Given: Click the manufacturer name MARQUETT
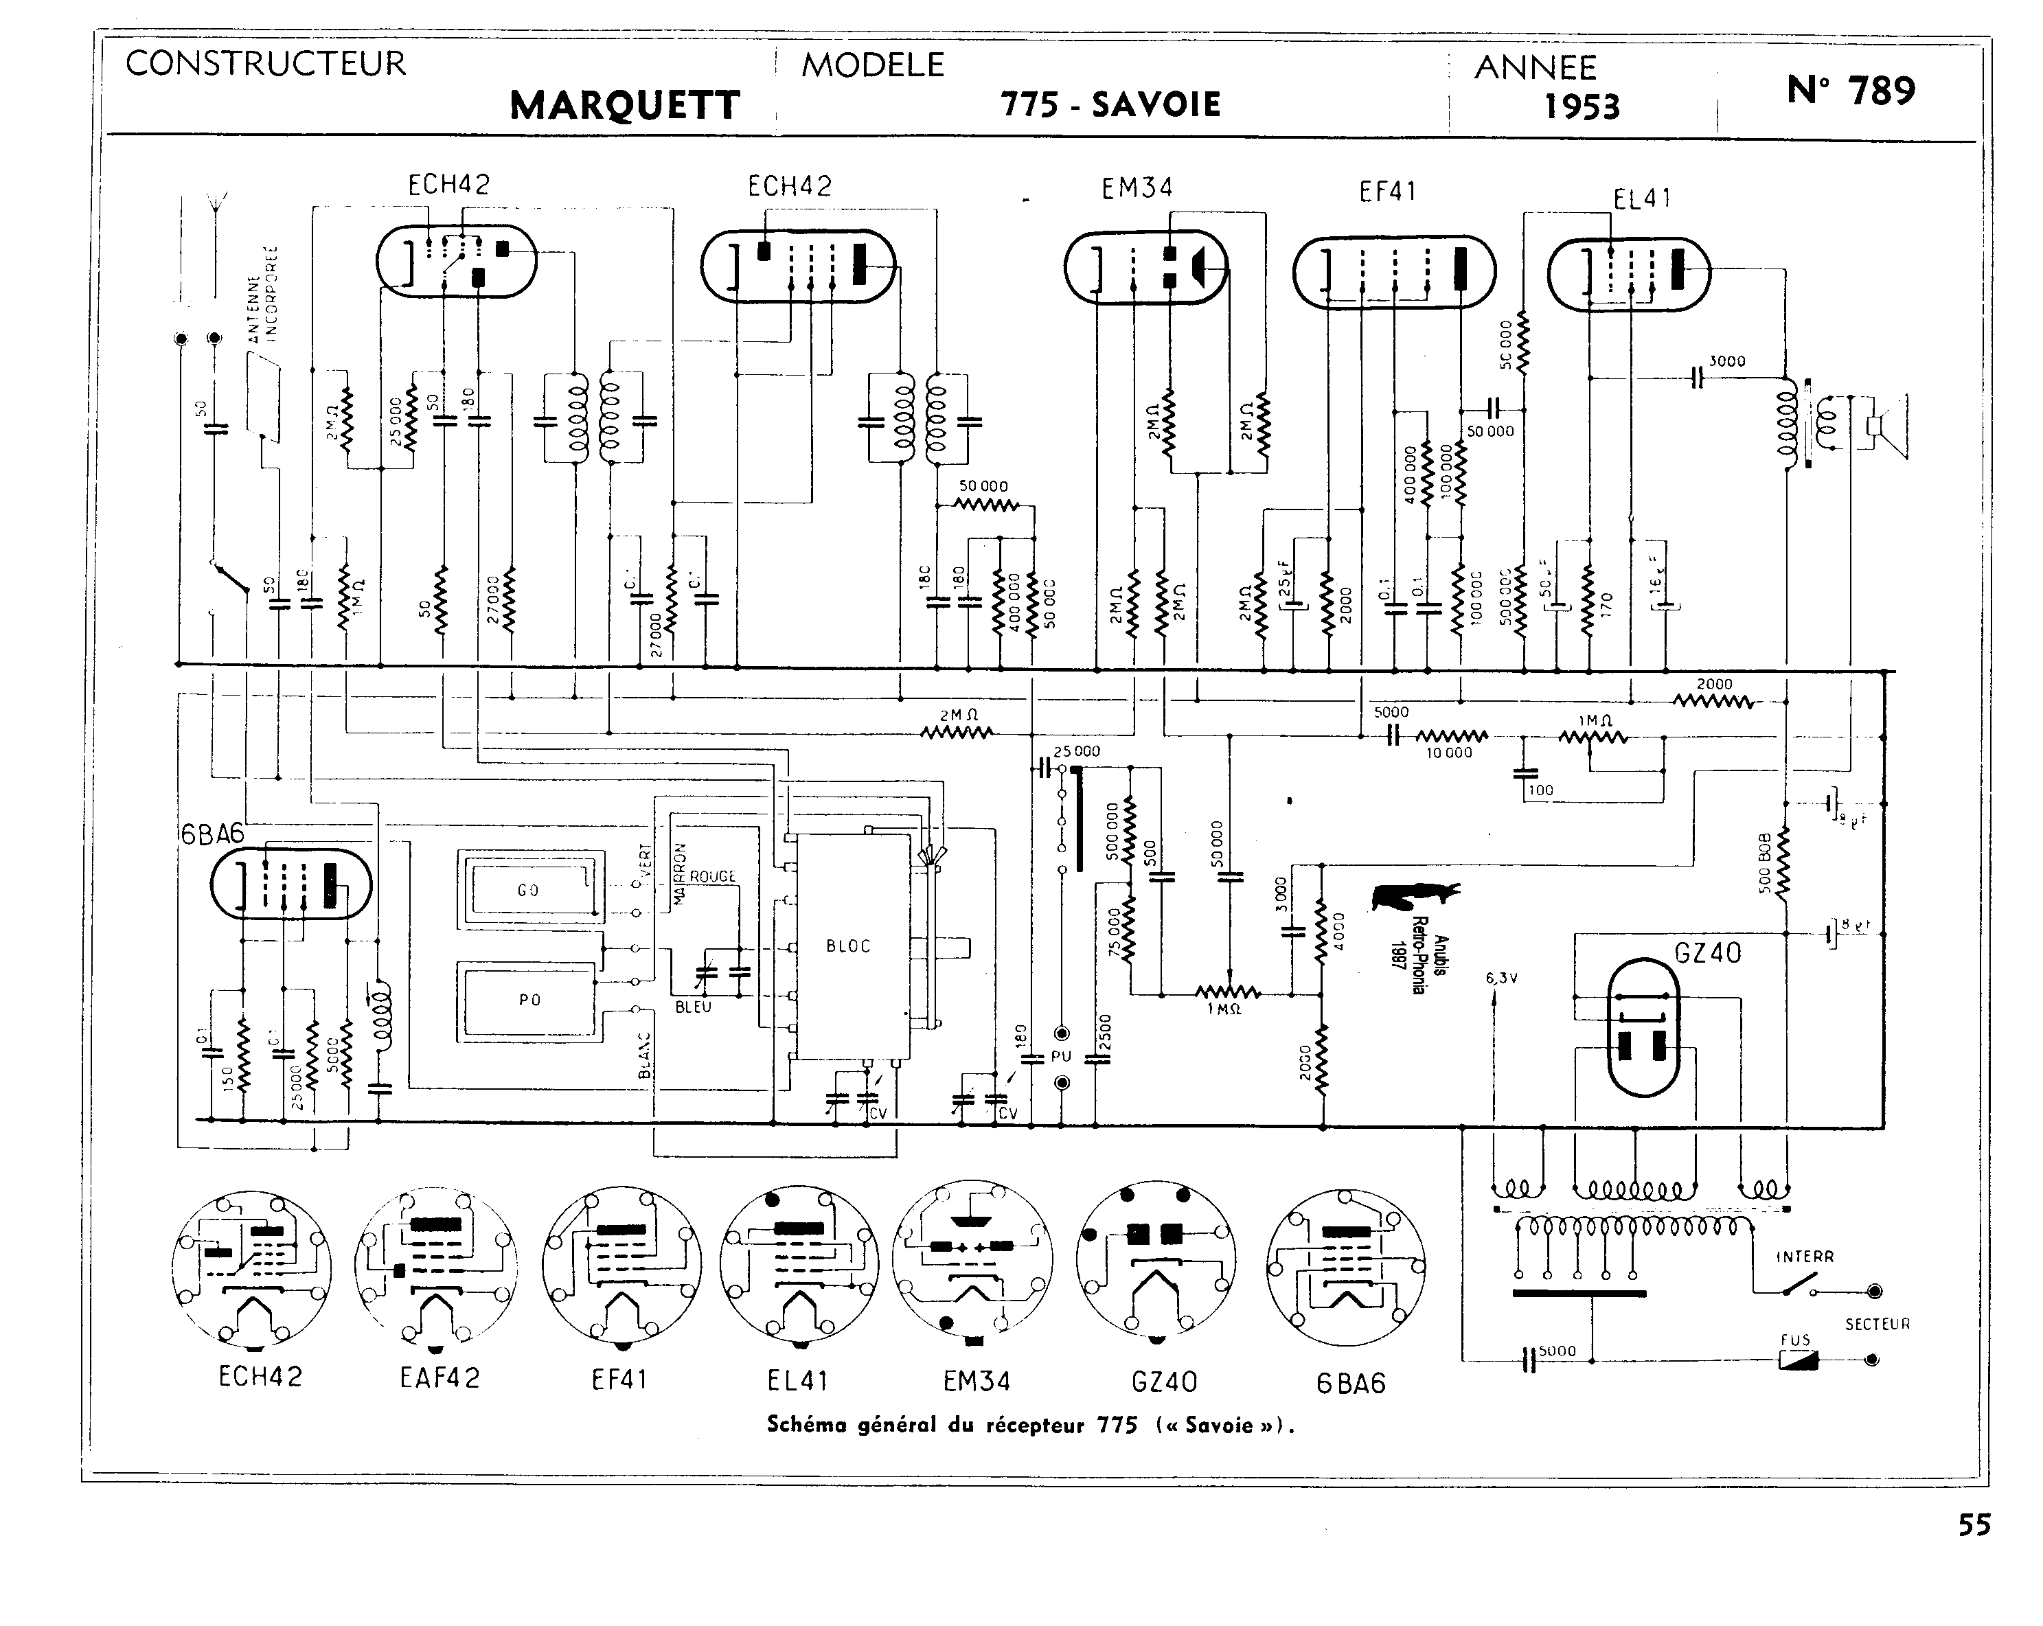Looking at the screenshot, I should (x=624, y=105).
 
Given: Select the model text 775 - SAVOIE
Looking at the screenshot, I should (x=1110, y=103).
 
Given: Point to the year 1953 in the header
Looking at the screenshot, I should (x=1582, y=107).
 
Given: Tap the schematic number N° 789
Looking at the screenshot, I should (x=1851, y=91).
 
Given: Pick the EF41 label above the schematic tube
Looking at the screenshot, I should (x=1387, y=192).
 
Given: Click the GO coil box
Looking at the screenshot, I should (x=529, y=889).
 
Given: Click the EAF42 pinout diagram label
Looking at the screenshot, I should (x=440, y=1377).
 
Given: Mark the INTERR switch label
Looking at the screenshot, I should (x=1804, y=1257).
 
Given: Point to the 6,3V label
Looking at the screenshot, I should (x=1501, y=977).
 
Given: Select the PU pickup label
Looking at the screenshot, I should (x=1061, y=1055).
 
